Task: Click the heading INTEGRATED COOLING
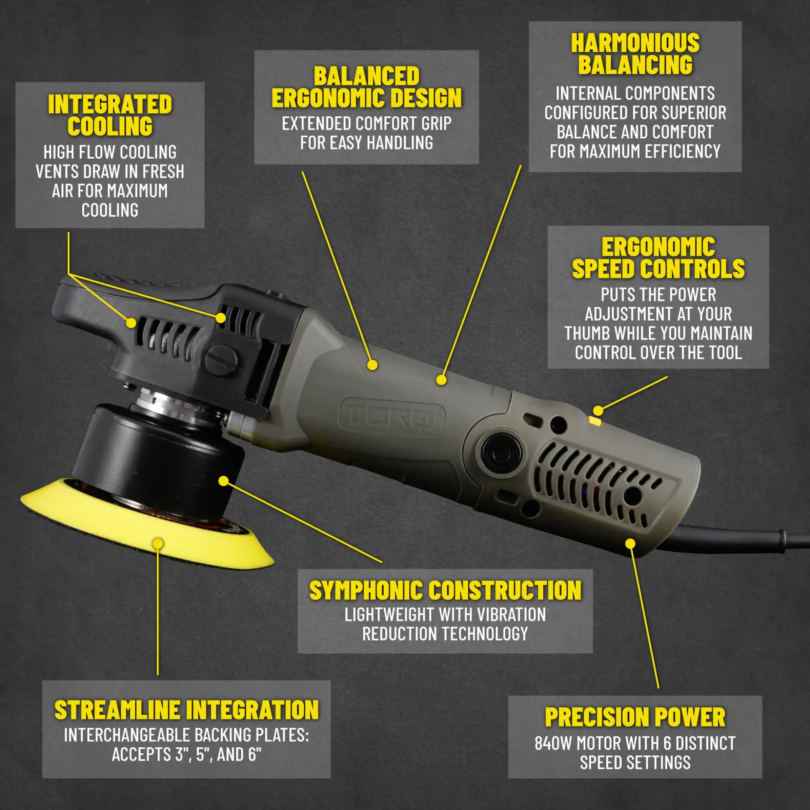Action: [x=110, y=115]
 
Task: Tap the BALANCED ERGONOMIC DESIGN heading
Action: [x=367, y=87]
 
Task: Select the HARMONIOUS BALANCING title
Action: [x=635, y=54]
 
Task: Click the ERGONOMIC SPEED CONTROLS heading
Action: [x=658, y=258]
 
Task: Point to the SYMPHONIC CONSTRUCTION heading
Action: [x=445, y=591]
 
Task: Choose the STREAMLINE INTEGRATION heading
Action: [x=187, y=710]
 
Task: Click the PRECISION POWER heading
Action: [x=635, y=717]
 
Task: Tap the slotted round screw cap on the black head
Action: [x=220, y=359]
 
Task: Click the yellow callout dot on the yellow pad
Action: [x=158, y=544]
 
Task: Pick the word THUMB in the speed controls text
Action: [x=587, y=333]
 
